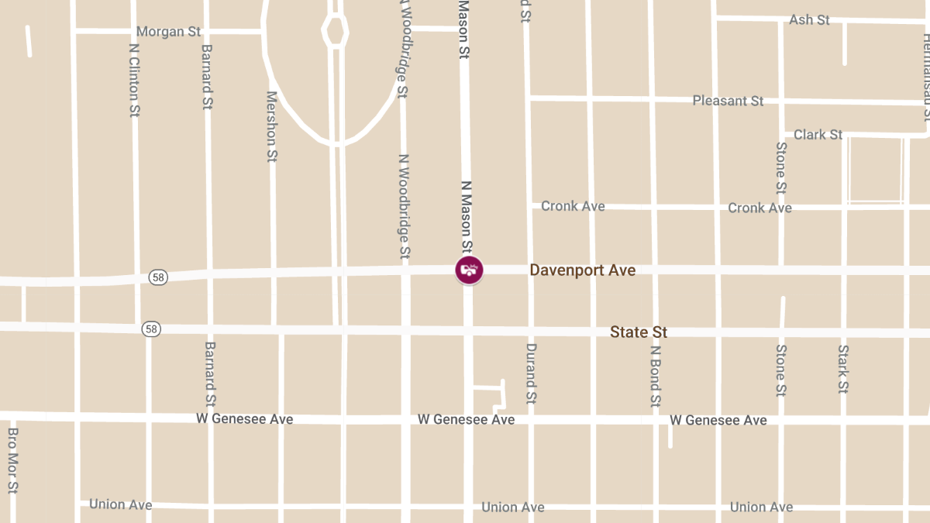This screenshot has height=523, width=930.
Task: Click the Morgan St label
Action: (168, 32)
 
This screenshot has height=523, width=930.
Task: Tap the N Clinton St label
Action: (134, 80)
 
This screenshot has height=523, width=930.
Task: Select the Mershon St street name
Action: (271, 126)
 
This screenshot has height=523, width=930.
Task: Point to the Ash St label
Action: (809, 19)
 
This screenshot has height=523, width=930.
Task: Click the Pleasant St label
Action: (728, 101)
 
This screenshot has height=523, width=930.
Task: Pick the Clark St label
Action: (818, 135)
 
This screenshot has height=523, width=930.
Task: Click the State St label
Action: (639, 332)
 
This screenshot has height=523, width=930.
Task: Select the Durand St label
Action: (532, 374)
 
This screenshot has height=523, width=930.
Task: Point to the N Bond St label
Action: (656, 376)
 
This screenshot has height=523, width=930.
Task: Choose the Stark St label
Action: (843, 369)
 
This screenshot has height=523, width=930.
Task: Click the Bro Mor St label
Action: (12, 461)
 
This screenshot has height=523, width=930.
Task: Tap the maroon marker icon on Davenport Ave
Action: (469, 270)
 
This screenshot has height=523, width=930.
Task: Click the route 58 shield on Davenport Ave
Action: (158, 277)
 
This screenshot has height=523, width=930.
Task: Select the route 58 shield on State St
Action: (150, 329)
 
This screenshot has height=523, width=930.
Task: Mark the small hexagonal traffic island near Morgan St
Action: (335, 32)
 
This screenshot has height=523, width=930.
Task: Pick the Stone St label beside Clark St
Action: (781, 167)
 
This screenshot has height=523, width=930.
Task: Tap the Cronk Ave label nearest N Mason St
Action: (573, 206)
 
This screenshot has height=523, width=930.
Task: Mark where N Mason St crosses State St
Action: (468, 330)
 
